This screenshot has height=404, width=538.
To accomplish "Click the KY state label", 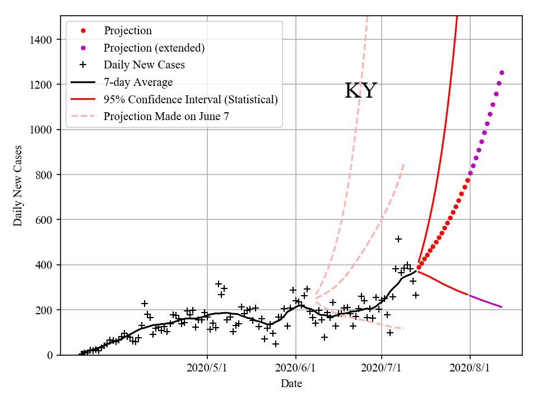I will coord(360,91).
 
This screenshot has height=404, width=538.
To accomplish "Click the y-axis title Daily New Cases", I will coord(18,186).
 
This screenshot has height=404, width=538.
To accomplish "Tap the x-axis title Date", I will coord(291,383).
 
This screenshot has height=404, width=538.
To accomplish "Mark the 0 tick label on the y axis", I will coord(50,355).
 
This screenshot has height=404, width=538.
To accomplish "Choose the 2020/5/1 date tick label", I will coord(207,369).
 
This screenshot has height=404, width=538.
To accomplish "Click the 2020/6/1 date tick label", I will coord(295,369).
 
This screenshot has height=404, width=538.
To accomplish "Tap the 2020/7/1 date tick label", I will coord(382,369).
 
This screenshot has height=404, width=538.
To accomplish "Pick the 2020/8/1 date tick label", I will coord(470,369).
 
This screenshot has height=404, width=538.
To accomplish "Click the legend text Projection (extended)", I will coord(154,48).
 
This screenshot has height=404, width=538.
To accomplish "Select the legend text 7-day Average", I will coord(138,82).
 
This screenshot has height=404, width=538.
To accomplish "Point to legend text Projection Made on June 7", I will coord(166,117).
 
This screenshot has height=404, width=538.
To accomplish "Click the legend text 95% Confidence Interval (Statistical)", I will coord(191,99).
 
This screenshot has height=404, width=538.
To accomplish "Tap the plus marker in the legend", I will coord(83,65).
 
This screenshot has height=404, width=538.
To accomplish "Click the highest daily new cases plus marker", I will coord(398,239).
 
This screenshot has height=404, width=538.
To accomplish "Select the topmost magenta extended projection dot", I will coord(502,72).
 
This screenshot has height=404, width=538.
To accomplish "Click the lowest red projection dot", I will coord(419,267).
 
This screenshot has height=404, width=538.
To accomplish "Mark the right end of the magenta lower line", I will coord(502,307).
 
